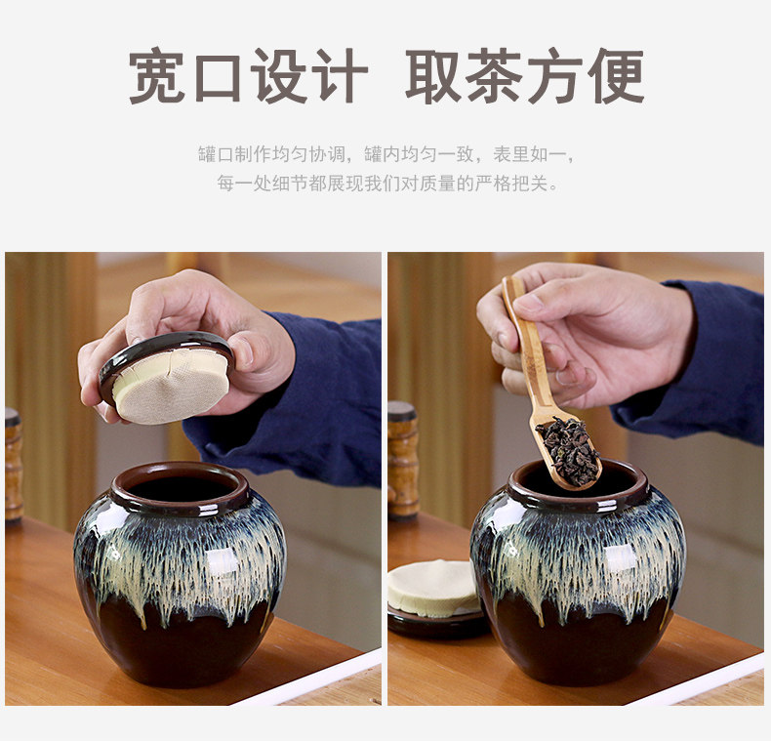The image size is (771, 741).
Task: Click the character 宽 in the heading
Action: click(x=156, y=76)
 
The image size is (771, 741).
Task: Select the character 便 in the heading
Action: click(x=616, y=76)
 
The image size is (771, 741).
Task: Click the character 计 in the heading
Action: click(x=340, y=76)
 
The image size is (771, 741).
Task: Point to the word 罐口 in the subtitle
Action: click(x=216, y=154)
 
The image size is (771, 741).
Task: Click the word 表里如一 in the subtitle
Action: click(x=530, y=154)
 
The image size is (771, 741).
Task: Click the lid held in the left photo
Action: click(x=167, y=377)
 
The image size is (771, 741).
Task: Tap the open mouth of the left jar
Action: click(x=181, y=487)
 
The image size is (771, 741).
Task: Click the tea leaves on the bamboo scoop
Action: click(x=567, y=450)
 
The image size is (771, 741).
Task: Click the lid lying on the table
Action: click(x=435, y=600)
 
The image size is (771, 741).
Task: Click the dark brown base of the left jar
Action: click(x=181, y=639)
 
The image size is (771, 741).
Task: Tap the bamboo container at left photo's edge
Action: click(x=14, y=465)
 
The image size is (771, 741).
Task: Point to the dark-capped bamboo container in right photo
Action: click(x=403, y=460)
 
